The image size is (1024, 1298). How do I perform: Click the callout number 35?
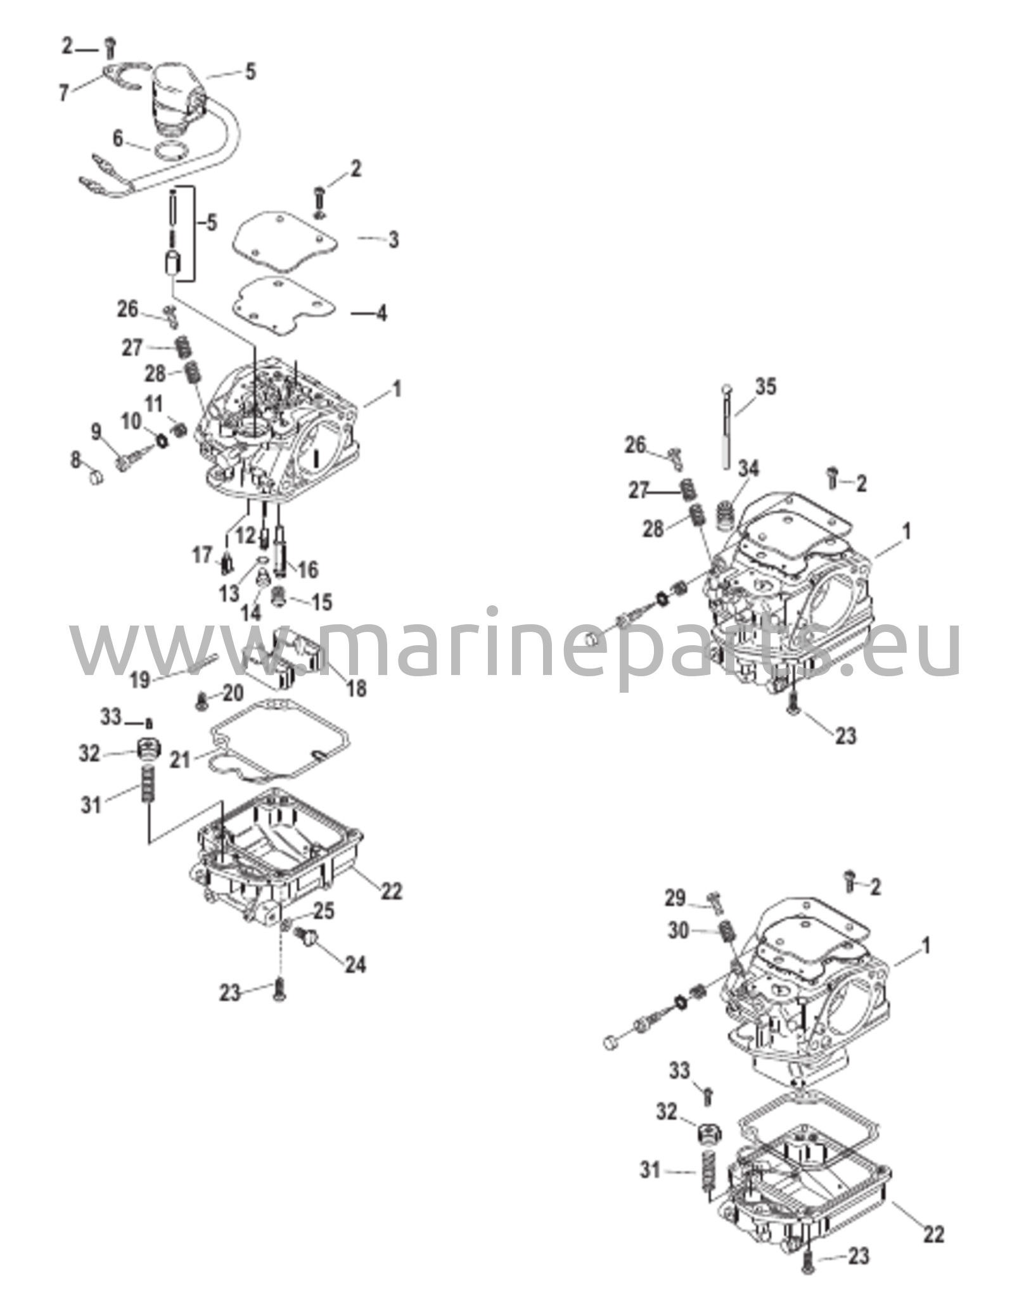pyautogui.click(x=765, y=387)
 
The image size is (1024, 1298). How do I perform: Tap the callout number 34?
pyautogui.click(x=748, y=469)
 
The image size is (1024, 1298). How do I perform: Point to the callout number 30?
pyautogui.click(x=678, y=931)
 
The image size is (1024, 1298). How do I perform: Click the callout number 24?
pyautogui.click(x=355, y=965)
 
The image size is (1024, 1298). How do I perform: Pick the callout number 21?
pyautogui.click(x=181, y=759)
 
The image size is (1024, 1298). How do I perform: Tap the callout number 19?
pyautogui.click(x=140, y=680)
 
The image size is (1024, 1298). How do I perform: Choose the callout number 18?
pyautogui.click(x=357, y=689)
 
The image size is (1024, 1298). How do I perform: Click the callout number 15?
pyautogui.click(x=322, y=601)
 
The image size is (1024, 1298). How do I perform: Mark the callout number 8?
pyautogui.click(x=76, y=460)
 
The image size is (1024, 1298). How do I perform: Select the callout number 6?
pyautogui.click(x=118, y=139)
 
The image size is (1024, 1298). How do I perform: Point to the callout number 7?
pyautogui.click(x=63, y=93)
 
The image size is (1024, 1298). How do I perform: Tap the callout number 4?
pyautogui.click(x=381, y=313)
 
